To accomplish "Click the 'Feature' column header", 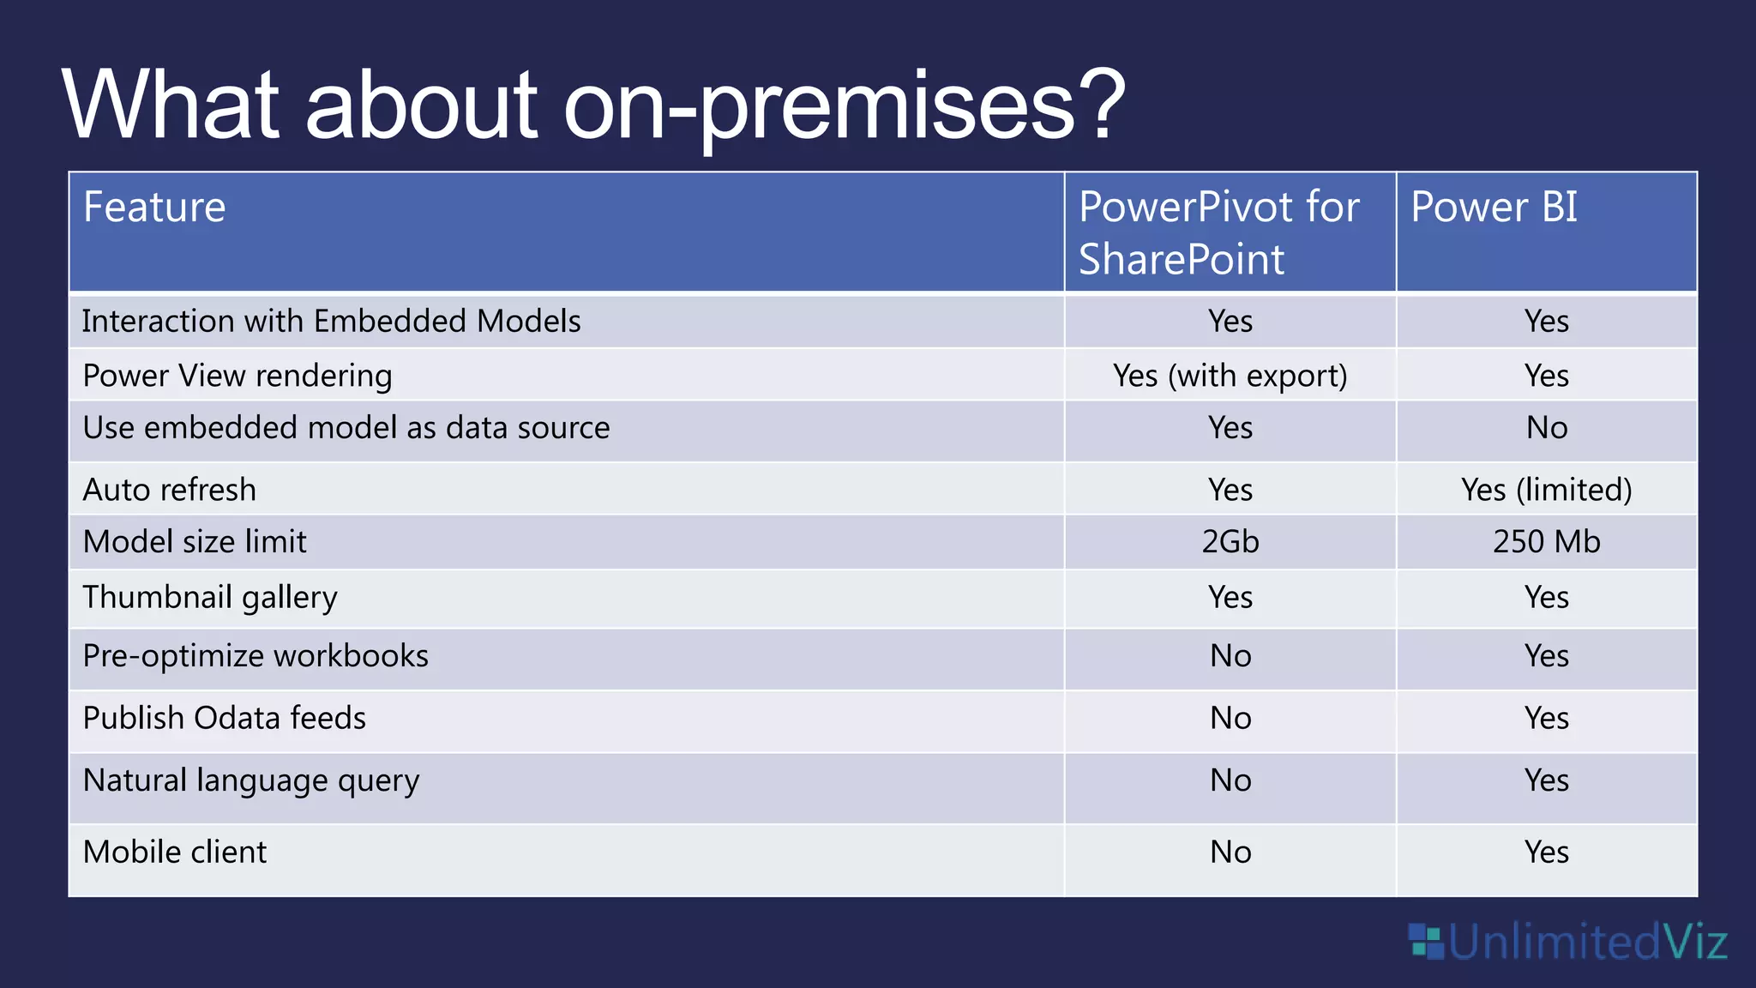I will click(154, 208).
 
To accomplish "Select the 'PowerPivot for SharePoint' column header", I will click(1218, 232).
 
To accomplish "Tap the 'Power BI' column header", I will click(1494, 208).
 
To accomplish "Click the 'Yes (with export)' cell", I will click(1230, 376).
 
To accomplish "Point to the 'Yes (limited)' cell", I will click(1546, 490).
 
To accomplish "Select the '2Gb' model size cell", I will click(1230, 542).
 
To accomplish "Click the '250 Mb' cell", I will click(1546, 542).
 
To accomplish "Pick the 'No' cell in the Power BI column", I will click(1546, 428).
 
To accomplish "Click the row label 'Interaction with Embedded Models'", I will click(331, 322).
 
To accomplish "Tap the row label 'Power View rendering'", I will click(238, 376).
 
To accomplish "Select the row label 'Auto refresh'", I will click(170, 490).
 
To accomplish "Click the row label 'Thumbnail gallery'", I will click(210, 597).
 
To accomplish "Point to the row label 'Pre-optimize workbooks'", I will click(256, 656).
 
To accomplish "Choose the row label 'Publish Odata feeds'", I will click(225, 719).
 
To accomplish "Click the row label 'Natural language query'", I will click(251, 780).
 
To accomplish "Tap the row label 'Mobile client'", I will click(175, 852).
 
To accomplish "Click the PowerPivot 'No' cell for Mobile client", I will click(1230, 852).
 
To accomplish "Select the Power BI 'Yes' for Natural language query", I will click(1546, 780).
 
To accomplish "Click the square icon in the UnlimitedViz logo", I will click(1427, 942).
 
